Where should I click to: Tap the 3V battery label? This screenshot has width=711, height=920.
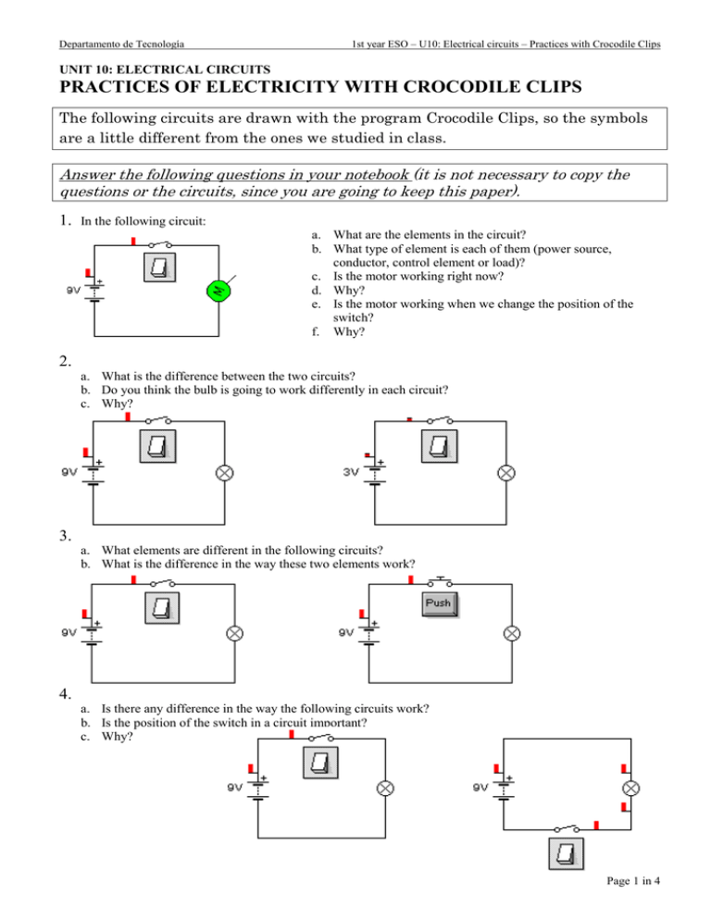pos(352,471)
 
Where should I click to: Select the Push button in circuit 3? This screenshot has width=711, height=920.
pos(441,604)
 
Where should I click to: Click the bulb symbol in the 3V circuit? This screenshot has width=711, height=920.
pos(505,472)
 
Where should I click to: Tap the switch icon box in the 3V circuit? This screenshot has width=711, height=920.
pos(440,448)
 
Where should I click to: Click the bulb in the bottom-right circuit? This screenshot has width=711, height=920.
pos(630,789)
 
